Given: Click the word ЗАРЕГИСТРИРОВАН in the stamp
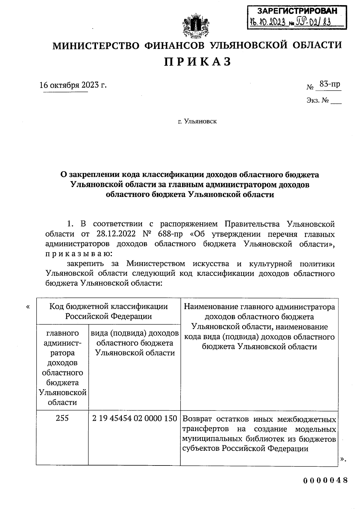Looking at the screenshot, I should point(297,11).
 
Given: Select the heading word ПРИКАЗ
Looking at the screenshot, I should point(198,62).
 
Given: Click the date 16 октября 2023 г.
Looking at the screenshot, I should point(73,85).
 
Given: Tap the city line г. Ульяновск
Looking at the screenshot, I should point(197,122).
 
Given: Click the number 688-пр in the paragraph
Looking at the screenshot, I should point(170,234).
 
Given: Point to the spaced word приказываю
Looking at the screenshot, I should point(79,254).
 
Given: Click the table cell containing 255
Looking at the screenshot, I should point(62,418).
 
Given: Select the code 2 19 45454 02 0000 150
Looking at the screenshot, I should point(134,418).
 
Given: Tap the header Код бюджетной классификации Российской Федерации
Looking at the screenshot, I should point(108,311).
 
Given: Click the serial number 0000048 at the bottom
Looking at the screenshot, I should point(325,480).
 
